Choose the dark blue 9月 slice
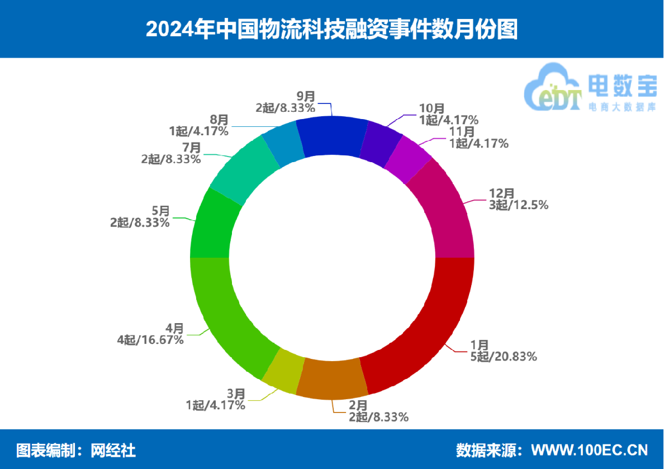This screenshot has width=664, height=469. pyautogui.click(x=331, y=136)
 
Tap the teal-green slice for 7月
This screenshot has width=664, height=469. pyautogui.click(x=244, y=171)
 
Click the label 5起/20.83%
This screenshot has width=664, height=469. pyautogui.click(x=504, y=356)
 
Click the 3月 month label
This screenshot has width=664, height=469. pyautogui.click(x=235, y=394)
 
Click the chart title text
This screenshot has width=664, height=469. pyautogui.click(x=332, y=29)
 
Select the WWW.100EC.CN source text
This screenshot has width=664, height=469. pyautogui.click(x=589, y=449)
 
